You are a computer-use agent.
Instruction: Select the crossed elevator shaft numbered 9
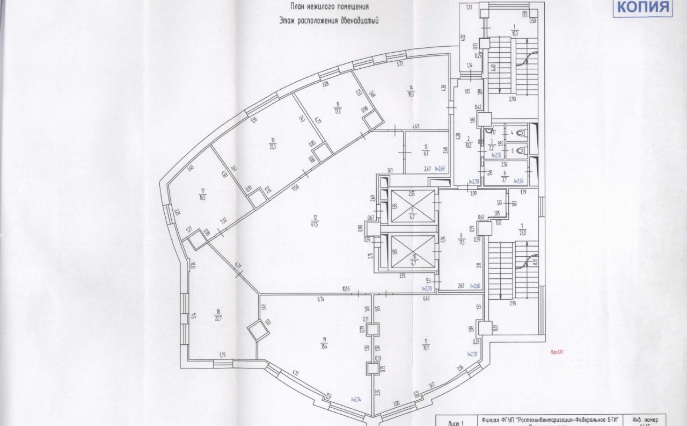(x=412, y=206)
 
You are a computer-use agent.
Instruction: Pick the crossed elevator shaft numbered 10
(x=412, y=251)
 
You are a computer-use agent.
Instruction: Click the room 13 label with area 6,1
(x=426, y=149)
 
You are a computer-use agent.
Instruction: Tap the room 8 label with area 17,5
(x=461, y=238)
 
